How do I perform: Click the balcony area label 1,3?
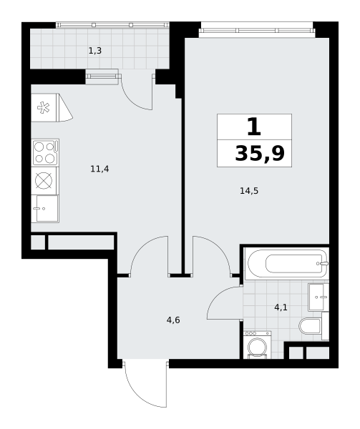click(x=95, y=51)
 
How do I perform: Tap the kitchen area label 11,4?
click(x=99, y=169)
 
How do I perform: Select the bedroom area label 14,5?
click(x=249, y=191)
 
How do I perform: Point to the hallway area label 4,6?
click(x=173, y=320)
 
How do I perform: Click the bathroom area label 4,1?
click(x=281, y=307)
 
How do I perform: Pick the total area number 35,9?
click(x=260, y=154)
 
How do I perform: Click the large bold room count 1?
click(x=254, y=127)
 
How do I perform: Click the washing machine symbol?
click(x=257, y=345)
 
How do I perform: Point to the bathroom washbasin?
click(x=318, y=297)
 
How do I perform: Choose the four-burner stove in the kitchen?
click(x=45, y=152)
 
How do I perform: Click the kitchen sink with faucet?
click(x=45, y=209)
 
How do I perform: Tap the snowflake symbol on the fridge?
click(x=44, y=107)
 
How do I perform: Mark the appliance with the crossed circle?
click(x=44, y=181)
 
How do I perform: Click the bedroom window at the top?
click(x=257, y=30)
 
